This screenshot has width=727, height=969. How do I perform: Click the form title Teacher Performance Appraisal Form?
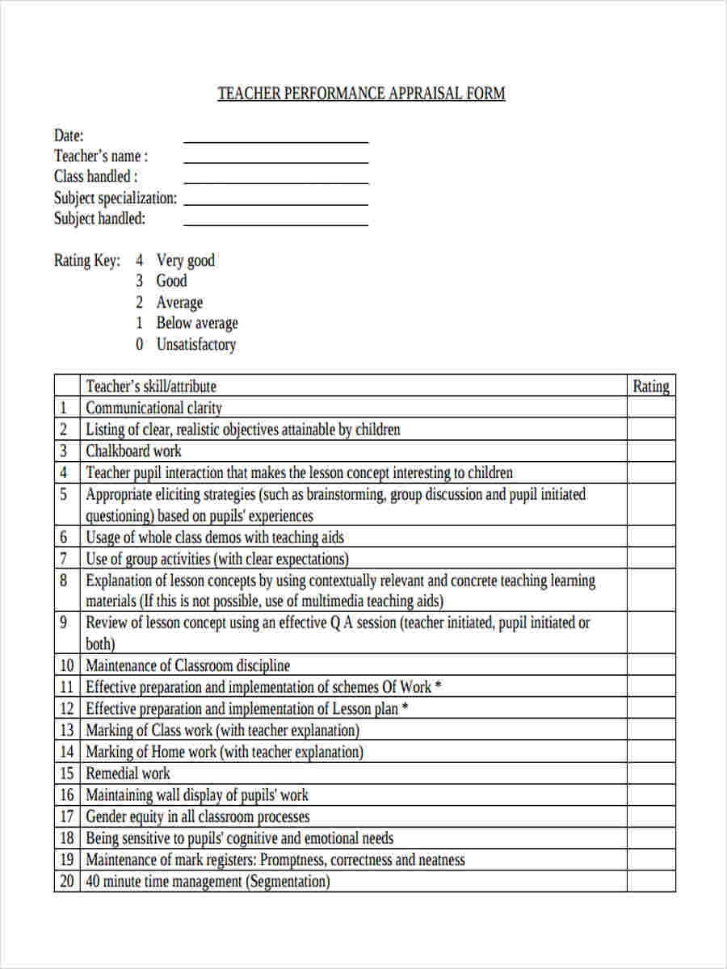coord(361,94)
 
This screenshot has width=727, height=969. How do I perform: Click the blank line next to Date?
coord(275,141)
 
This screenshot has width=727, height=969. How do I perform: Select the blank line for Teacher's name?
coord(275,161)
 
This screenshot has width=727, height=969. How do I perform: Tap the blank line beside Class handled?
coord(275,182)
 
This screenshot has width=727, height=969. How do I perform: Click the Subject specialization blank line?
coord(275,203)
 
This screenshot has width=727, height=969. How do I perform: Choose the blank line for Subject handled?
coord(275,224)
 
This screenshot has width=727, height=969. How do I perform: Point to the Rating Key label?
coord(87,261)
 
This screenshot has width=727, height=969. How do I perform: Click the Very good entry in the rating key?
coord(185,261)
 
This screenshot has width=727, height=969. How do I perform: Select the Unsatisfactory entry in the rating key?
coord(195,345)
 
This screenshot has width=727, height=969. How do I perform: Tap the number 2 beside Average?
coord(140,303)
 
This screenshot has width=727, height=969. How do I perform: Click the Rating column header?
coord(650,386)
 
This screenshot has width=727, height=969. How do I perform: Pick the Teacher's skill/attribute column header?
coord(151,386)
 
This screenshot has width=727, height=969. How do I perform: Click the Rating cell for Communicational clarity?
coord(650,408)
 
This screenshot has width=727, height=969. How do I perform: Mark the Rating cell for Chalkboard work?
coord(650,451)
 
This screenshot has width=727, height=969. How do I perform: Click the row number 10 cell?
coord(66,665)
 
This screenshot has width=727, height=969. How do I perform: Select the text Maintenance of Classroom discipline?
coord(187,665)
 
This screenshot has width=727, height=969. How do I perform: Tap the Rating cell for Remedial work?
coord(650,773)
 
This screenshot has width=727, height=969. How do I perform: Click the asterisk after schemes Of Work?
coord(438,686)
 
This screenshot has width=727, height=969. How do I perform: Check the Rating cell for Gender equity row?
coord(650,816)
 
